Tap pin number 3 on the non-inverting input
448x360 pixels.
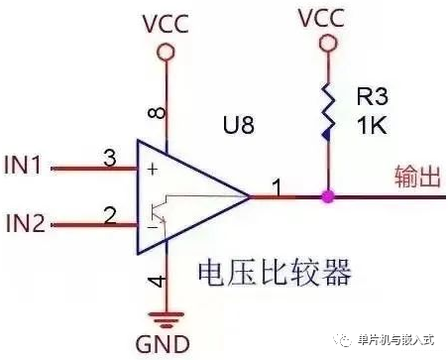pos(110,156)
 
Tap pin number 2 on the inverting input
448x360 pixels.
pos(110,212)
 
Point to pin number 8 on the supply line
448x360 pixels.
pos(157,112)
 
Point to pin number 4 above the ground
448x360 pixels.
pos(156,284)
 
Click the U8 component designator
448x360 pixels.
pos(239,126)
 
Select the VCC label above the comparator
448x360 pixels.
pos(166,22)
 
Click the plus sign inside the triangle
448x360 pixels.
pos(152,170)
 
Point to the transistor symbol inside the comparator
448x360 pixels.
pos(156,211)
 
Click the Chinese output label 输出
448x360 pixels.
pos(417,176)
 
